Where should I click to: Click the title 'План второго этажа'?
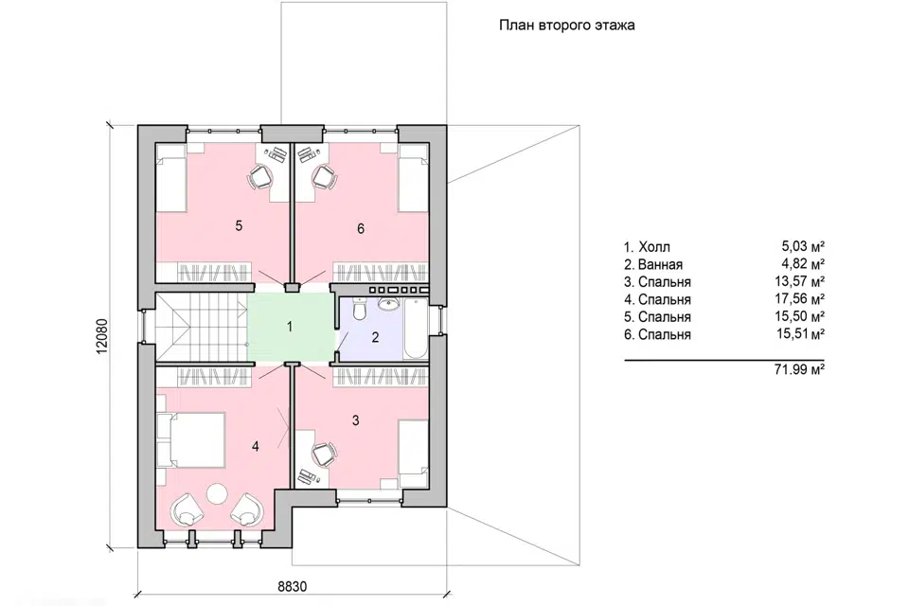coord(566,26)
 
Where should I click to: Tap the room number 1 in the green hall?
coord(290,327)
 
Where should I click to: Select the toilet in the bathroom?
coord(359,309)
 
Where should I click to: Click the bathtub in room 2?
coord(415,329)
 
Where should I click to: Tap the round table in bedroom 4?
coord(219,493)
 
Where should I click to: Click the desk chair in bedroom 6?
coord(324,176)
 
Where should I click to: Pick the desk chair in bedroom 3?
coord(324,454)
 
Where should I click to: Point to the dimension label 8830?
coord(293,586)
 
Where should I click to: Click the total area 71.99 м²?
coord(799,369)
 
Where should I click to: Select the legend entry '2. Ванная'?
coord(653,264)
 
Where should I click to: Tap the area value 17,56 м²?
coord(801,299)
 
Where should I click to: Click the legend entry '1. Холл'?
coord(647,247)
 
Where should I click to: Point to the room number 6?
coord(361,229)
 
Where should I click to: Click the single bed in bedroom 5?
coord(170,177)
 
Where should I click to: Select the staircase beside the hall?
coord(201,327)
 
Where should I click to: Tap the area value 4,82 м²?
coord(804,264)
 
